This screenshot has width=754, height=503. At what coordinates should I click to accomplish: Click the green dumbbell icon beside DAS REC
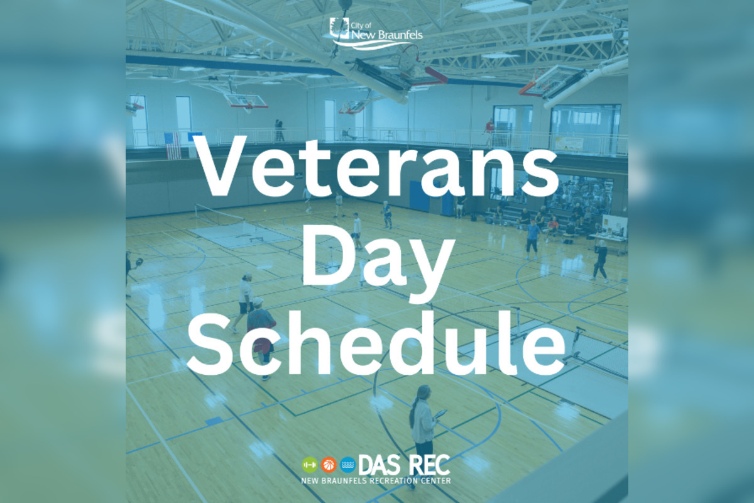[x=309, y=465]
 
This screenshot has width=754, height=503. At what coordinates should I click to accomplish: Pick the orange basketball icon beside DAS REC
[x=328, y=465]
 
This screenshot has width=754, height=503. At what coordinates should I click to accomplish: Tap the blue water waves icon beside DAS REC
[x=347, y=465]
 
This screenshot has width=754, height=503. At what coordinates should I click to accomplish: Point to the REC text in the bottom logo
[x=429, y=465]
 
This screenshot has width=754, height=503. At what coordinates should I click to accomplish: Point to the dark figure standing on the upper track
[x=279, y=130]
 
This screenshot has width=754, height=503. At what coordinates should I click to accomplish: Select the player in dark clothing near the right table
[x=600, y=259]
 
